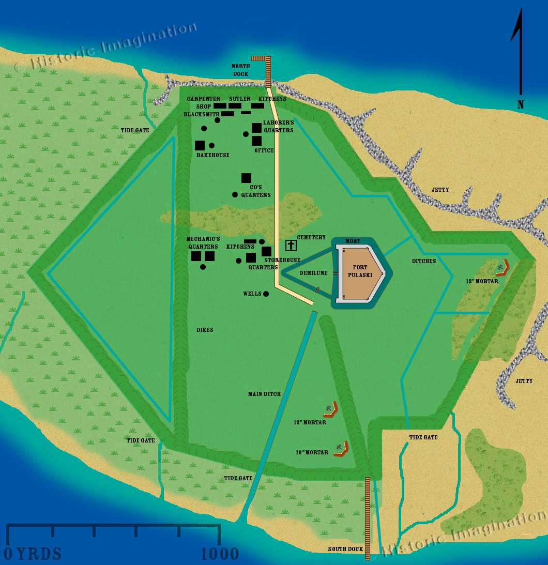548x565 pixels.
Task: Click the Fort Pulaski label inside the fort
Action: point(360,271)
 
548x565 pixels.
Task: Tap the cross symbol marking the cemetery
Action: point(291,245)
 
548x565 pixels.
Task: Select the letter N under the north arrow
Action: point(521,105)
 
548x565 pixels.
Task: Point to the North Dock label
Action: point(240,70)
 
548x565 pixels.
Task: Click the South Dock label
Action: point(345,549)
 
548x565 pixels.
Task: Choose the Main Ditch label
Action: point(264,394)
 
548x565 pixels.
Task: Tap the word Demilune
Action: point(313,273)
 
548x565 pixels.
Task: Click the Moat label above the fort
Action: point(353,241)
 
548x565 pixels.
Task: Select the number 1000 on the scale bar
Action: point(220,554)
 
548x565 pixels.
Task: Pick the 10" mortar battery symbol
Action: point(341,448)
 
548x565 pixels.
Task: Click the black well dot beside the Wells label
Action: point(266,294)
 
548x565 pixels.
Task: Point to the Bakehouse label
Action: point(212,155)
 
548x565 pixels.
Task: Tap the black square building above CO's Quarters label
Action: point(246,178)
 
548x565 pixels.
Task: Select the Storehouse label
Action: point(282,260)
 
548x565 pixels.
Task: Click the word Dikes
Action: point(205,330)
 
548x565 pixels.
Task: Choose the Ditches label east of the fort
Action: point(424,261)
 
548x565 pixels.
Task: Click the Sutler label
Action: point(239,99)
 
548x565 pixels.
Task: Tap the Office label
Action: point(264,150)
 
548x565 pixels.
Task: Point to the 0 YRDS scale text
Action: point(33,554)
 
